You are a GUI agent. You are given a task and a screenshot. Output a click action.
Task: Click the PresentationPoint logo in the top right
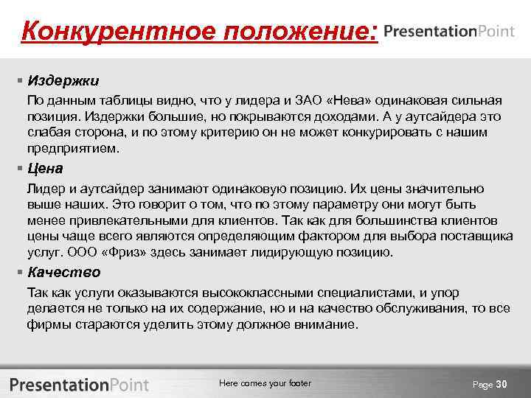point(450,32)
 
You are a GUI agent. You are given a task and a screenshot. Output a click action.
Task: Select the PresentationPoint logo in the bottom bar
point(80,384)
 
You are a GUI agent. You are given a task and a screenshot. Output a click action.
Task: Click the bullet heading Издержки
point(63,80)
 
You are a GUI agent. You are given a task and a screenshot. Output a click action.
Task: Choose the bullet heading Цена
point(45,169)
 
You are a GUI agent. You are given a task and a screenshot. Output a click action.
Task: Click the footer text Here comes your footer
point(265,383)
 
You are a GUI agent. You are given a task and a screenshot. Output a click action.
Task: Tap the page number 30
point(502,384)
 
